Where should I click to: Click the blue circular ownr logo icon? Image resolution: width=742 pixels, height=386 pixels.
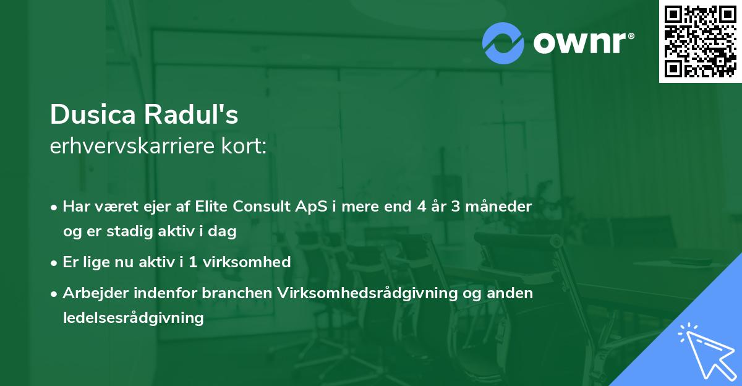[503, 43]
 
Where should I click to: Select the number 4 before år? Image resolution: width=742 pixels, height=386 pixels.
[404, 207]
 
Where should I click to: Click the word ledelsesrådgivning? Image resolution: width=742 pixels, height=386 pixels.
[133, 318]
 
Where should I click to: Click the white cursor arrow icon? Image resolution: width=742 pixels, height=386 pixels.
[705, 350]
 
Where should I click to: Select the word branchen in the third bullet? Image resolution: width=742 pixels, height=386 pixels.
[238, 293]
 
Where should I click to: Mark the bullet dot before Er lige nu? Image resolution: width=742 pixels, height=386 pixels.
[55, 262]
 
